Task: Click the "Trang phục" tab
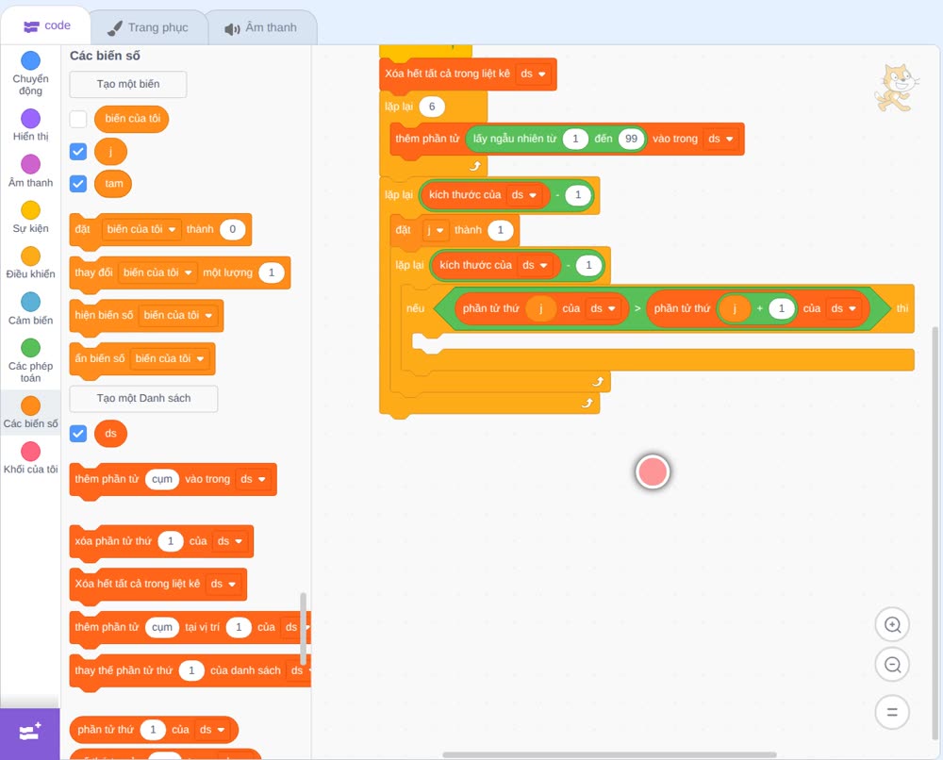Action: [148, 27]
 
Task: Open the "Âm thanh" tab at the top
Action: [261, 27]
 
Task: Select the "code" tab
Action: [46, 25]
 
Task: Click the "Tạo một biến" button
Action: [128, 84]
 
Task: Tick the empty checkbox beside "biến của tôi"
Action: [78, 119]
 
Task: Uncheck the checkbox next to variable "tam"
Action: [78, 183]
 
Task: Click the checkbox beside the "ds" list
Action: [78, 434]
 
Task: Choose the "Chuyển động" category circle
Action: [31, 60]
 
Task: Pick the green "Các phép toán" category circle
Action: [31, 348]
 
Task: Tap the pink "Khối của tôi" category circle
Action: [31, 451]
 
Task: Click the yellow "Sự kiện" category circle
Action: [31, 210]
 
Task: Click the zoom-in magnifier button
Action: [892, 625]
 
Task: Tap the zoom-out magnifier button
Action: [892, 665]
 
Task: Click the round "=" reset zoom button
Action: [892, 712]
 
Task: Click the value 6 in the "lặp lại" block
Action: [432, 107]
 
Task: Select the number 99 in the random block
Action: [631, 139]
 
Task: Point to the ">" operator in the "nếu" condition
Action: [637, 308]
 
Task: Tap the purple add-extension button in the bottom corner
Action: [30, 733]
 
